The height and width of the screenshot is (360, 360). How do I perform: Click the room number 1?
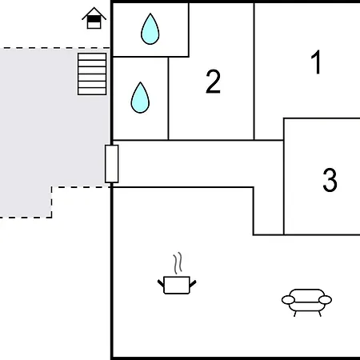[x=317, y=62]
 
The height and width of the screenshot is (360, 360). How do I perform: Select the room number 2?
[x=213, y=81]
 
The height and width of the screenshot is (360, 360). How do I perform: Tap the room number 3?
[x=330, y=180]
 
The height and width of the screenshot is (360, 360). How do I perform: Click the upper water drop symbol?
[x=150, y=29]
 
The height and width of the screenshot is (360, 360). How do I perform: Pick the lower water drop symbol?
[x=140, y=98]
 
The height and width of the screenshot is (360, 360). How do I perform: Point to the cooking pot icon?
[x=177, y=285]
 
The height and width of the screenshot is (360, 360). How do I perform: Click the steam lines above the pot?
[x=178, y=263]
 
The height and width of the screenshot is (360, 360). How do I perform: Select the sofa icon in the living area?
[x=306, y=302]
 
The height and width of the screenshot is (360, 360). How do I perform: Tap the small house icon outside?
[x=94, y=18]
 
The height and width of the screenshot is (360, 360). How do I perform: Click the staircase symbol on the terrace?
[x=92, y=74]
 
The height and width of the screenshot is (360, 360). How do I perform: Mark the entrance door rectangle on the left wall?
[x=112, y=164]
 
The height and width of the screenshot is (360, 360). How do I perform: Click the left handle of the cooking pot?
[x=161, y=283]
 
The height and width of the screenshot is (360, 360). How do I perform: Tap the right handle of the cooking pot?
[x=193, y=283]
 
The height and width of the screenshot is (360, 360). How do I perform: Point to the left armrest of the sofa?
[x=288, y=300]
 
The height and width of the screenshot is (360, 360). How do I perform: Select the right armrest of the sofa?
[x=325, y=300]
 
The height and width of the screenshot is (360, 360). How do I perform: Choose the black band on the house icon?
[x=94, y=19]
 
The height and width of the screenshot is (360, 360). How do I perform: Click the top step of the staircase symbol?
[x=92, y=57]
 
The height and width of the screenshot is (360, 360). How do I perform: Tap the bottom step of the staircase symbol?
[x=92, y=91]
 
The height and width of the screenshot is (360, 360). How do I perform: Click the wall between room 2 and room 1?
[x=254, y=71]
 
